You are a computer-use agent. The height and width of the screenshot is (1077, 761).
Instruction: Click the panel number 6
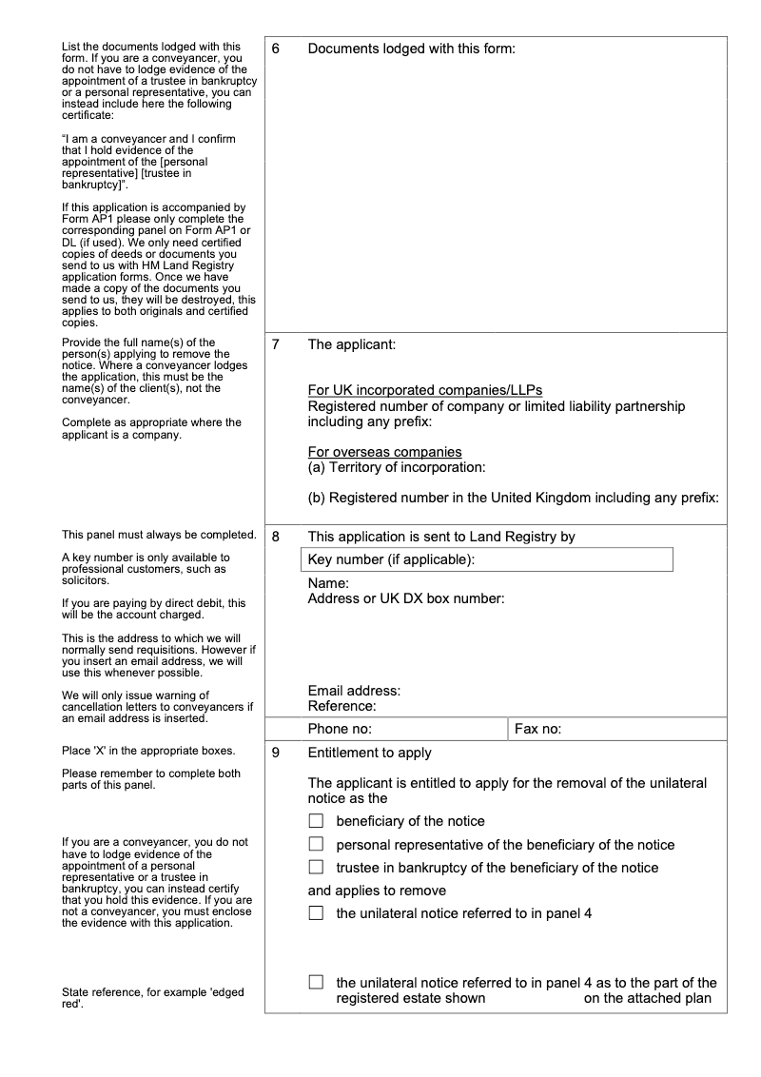click(276, 49)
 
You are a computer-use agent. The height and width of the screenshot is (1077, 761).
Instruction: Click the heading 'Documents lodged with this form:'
click(411, 49)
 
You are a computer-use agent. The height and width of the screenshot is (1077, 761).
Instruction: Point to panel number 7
click(276, 344)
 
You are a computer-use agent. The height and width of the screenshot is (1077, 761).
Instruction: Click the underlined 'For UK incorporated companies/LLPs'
click(425, 390)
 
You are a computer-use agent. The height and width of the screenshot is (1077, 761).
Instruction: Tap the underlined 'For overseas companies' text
click(384, 452)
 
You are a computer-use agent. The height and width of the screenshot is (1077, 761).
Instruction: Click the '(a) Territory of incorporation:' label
click(397, 467)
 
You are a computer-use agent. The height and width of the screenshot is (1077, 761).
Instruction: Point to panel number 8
click(276, 537)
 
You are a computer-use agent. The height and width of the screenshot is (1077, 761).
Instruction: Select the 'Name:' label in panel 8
click(328, 582)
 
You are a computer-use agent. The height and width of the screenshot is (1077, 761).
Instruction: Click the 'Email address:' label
click(354, 691)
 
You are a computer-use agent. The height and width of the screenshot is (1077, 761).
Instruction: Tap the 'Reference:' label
click(342, 706)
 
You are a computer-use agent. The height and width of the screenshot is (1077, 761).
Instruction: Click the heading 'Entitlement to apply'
click(369, 753)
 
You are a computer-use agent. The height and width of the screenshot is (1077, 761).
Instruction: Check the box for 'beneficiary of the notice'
click(316, 821)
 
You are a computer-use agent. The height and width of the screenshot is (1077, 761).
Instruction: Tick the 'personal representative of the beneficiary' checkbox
click(316, 844)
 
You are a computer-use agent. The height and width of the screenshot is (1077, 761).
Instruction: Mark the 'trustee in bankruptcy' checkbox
click(316, 867)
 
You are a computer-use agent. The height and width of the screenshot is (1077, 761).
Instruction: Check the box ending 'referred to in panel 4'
click(316, 913)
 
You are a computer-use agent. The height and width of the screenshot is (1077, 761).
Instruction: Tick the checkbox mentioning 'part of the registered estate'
click(316, 983)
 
